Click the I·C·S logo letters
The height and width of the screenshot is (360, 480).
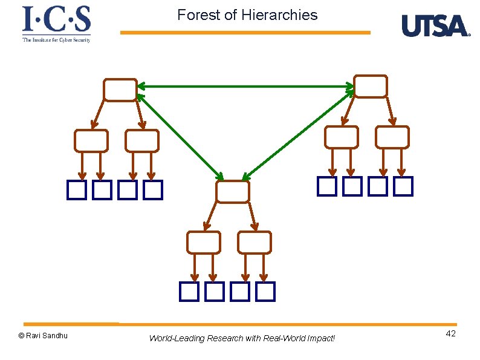pos(56,19)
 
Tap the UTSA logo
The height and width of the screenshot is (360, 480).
pos(435,26)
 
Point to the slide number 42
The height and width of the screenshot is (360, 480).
pos(450,334)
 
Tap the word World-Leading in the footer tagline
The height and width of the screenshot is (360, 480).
pos(177,338)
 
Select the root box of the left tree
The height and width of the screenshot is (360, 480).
pos(120,90)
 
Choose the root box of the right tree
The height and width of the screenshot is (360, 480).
pos(370,86)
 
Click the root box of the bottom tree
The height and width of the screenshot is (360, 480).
pos(232,191)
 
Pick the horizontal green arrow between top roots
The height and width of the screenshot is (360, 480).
pos(245,87)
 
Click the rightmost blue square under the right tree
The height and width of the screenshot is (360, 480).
pos(403,186)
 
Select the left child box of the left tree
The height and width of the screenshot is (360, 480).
pos(91,140)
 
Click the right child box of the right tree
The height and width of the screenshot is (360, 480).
pos(392,137)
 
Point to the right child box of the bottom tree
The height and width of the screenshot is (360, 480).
pos(254,242)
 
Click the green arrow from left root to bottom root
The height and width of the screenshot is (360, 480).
pos(180,137)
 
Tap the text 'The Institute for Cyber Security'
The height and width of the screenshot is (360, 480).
pos(56,39)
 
